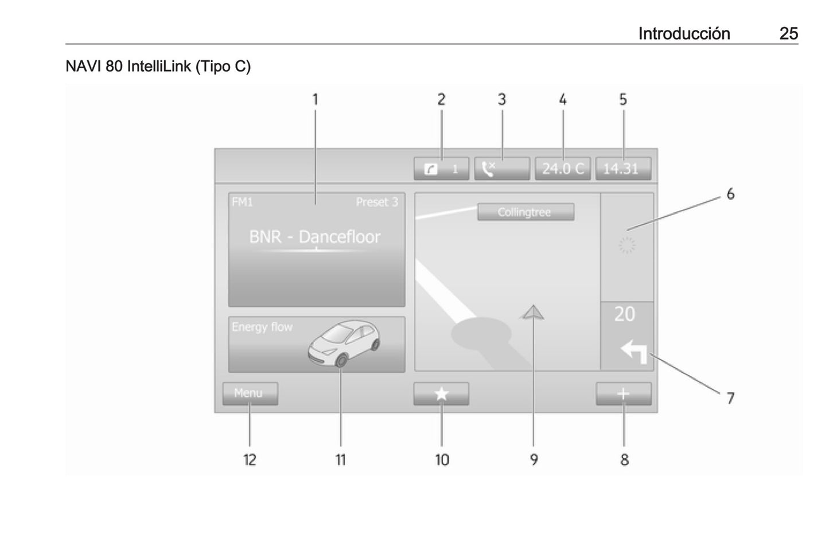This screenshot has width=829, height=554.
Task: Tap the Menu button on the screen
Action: click(x=250, y=393)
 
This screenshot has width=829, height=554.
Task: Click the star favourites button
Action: click(x=441, y=393)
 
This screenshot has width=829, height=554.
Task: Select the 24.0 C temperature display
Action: click(x=563, y=169)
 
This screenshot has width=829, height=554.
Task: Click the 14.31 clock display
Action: click(x=623, y=169)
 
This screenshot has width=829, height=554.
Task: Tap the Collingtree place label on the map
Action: click(x=526, y=212)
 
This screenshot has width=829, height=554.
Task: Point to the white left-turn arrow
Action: click(x=635, y=351)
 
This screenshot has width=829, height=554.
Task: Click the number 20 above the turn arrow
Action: click(x=625, y=314)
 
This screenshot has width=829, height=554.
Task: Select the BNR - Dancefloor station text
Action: click(x=314, y=237)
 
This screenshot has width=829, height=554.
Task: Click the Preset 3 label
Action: click(x=377, y=202)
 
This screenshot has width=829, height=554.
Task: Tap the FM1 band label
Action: click(x=242, y=202)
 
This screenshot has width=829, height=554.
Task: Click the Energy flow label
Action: click(x=262, y=327)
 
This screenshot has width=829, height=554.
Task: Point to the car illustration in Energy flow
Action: click(x=344, y=344)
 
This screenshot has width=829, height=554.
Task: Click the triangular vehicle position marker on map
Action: click(x=532, y=312)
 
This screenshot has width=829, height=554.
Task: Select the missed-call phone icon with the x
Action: click(x=489, y=169)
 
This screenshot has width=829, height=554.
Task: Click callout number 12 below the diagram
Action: click(x=250, y=460)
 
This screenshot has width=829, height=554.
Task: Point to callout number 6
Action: click(x=730, y=194)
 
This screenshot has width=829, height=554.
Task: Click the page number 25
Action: click(x=789, y=34)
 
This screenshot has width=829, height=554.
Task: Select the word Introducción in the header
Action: click(x=684, y=34)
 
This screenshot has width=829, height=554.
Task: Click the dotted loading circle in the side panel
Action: click(x=627, y=245)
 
